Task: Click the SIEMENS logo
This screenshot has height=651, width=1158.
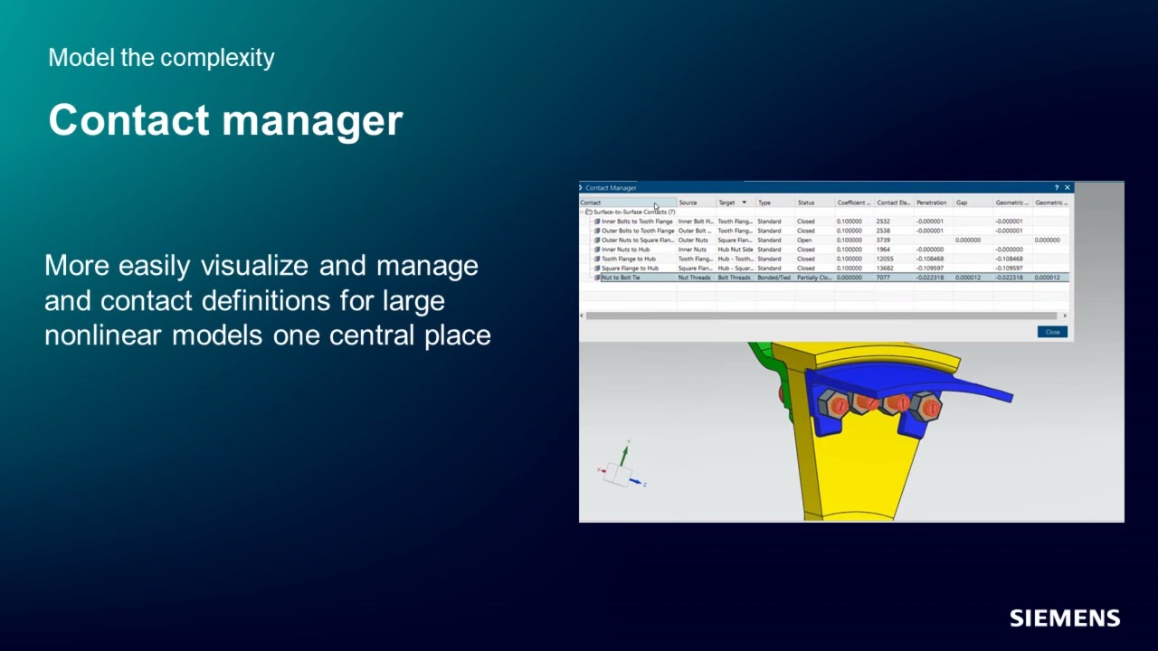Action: click(x=1065, y=618)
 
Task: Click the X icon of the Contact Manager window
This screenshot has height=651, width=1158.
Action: click(x=1068, y=187)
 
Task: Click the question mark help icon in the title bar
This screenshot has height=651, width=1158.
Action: click(x=1056, y=187)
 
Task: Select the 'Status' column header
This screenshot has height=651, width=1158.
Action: click(x=806, y=203)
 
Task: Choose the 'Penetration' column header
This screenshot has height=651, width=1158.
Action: click(x=931, y=203)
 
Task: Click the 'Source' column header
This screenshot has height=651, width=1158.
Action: click(x=688, y=203)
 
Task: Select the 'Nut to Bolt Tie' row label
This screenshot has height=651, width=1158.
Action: click(x=621, y=278)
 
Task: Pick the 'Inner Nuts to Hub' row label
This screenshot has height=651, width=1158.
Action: click(x=625, y=250)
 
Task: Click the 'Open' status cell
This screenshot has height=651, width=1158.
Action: click(x=804, y=241)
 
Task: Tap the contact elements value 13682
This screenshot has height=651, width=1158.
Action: click(x=886, y=269)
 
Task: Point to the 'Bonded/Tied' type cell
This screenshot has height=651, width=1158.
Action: click(x=774, y=278)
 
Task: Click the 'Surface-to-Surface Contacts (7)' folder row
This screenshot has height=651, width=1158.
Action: click(x=633, y=212)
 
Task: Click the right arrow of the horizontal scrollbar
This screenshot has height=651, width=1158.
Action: click(x=1065, y=316)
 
